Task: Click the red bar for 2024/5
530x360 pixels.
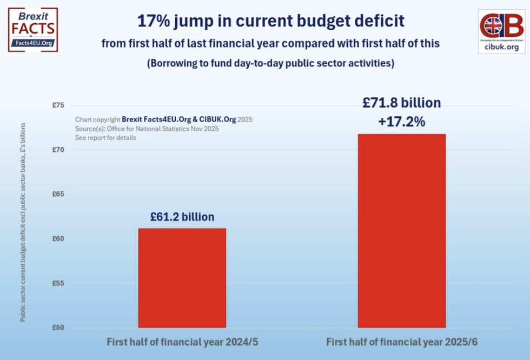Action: click(x=182, y=278)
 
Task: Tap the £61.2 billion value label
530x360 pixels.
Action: click(x=182, y=217)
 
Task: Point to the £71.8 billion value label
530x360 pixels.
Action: click(x=401, y=103)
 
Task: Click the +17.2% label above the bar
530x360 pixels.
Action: click(x=401, y=122)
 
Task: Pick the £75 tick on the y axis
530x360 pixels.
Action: click(x=58, y=105)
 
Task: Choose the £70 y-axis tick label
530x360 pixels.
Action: click(x=58, y=150)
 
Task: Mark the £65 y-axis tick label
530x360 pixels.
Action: click(x=58, y=194)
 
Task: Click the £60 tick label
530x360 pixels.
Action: click(x=58, y=238)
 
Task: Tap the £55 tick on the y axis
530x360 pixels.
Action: click(x=58, y=283)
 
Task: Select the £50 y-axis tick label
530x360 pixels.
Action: click(x=58, y=328)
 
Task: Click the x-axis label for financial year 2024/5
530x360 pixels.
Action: click(x=182, y=342)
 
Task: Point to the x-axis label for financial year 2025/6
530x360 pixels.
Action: click(x=402, y=342)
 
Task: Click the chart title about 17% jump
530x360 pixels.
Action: click(x=270, y=22)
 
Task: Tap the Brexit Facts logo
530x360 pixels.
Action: click(x=32, y=29)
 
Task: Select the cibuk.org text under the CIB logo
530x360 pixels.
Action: click(x=501, y=47)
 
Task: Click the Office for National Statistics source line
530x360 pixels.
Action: click(x=147, y=129)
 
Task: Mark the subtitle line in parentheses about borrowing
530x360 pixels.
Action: click(x=270, y=63)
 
